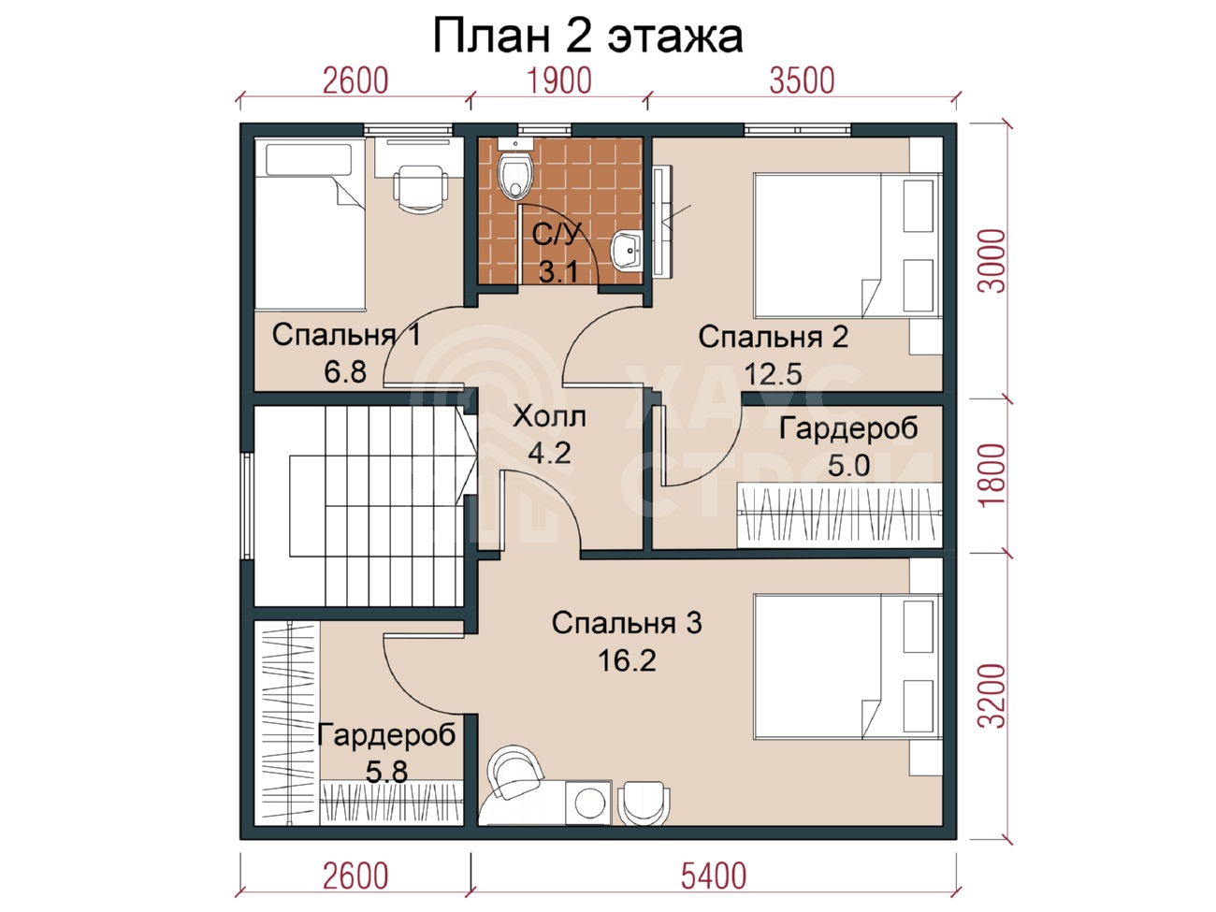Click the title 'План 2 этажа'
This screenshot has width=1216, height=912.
click(x=587, y=36)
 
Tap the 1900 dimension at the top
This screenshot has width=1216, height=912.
click(x=559, y=80)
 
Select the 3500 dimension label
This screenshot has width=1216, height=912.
click(x=802, y=80)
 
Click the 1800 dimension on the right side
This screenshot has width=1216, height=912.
click(x=992, y=474)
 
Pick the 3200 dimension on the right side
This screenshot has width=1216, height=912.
click(x=992, y=696)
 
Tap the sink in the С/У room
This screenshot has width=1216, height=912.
click(x=627, y=251)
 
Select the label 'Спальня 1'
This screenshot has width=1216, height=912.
click(x=346, y=335)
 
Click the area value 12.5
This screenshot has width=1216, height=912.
click(x=773, y=374)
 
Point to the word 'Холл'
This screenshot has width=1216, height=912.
click(x=549, y=416)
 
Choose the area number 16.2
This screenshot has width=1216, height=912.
click(x=627, y=660)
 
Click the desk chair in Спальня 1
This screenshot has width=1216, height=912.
click(x=421, y=189)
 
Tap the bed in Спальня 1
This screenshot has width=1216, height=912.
click(x=310, y=224)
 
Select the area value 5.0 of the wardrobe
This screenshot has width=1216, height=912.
click(x=848, y=465)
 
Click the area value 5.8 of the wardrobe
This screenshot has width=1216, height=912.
click(x=386, y=772)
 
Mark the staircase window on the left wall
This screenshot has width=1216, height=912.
click(x=247, y=506)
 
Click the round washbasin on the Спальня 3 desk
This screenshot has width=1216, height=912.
click(x=589, y=803)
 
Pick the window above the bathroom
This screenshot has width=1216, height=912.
click(x=544, y=130)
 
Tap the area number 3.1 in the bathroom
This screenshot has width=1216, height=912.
click(x=558, y=272)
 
